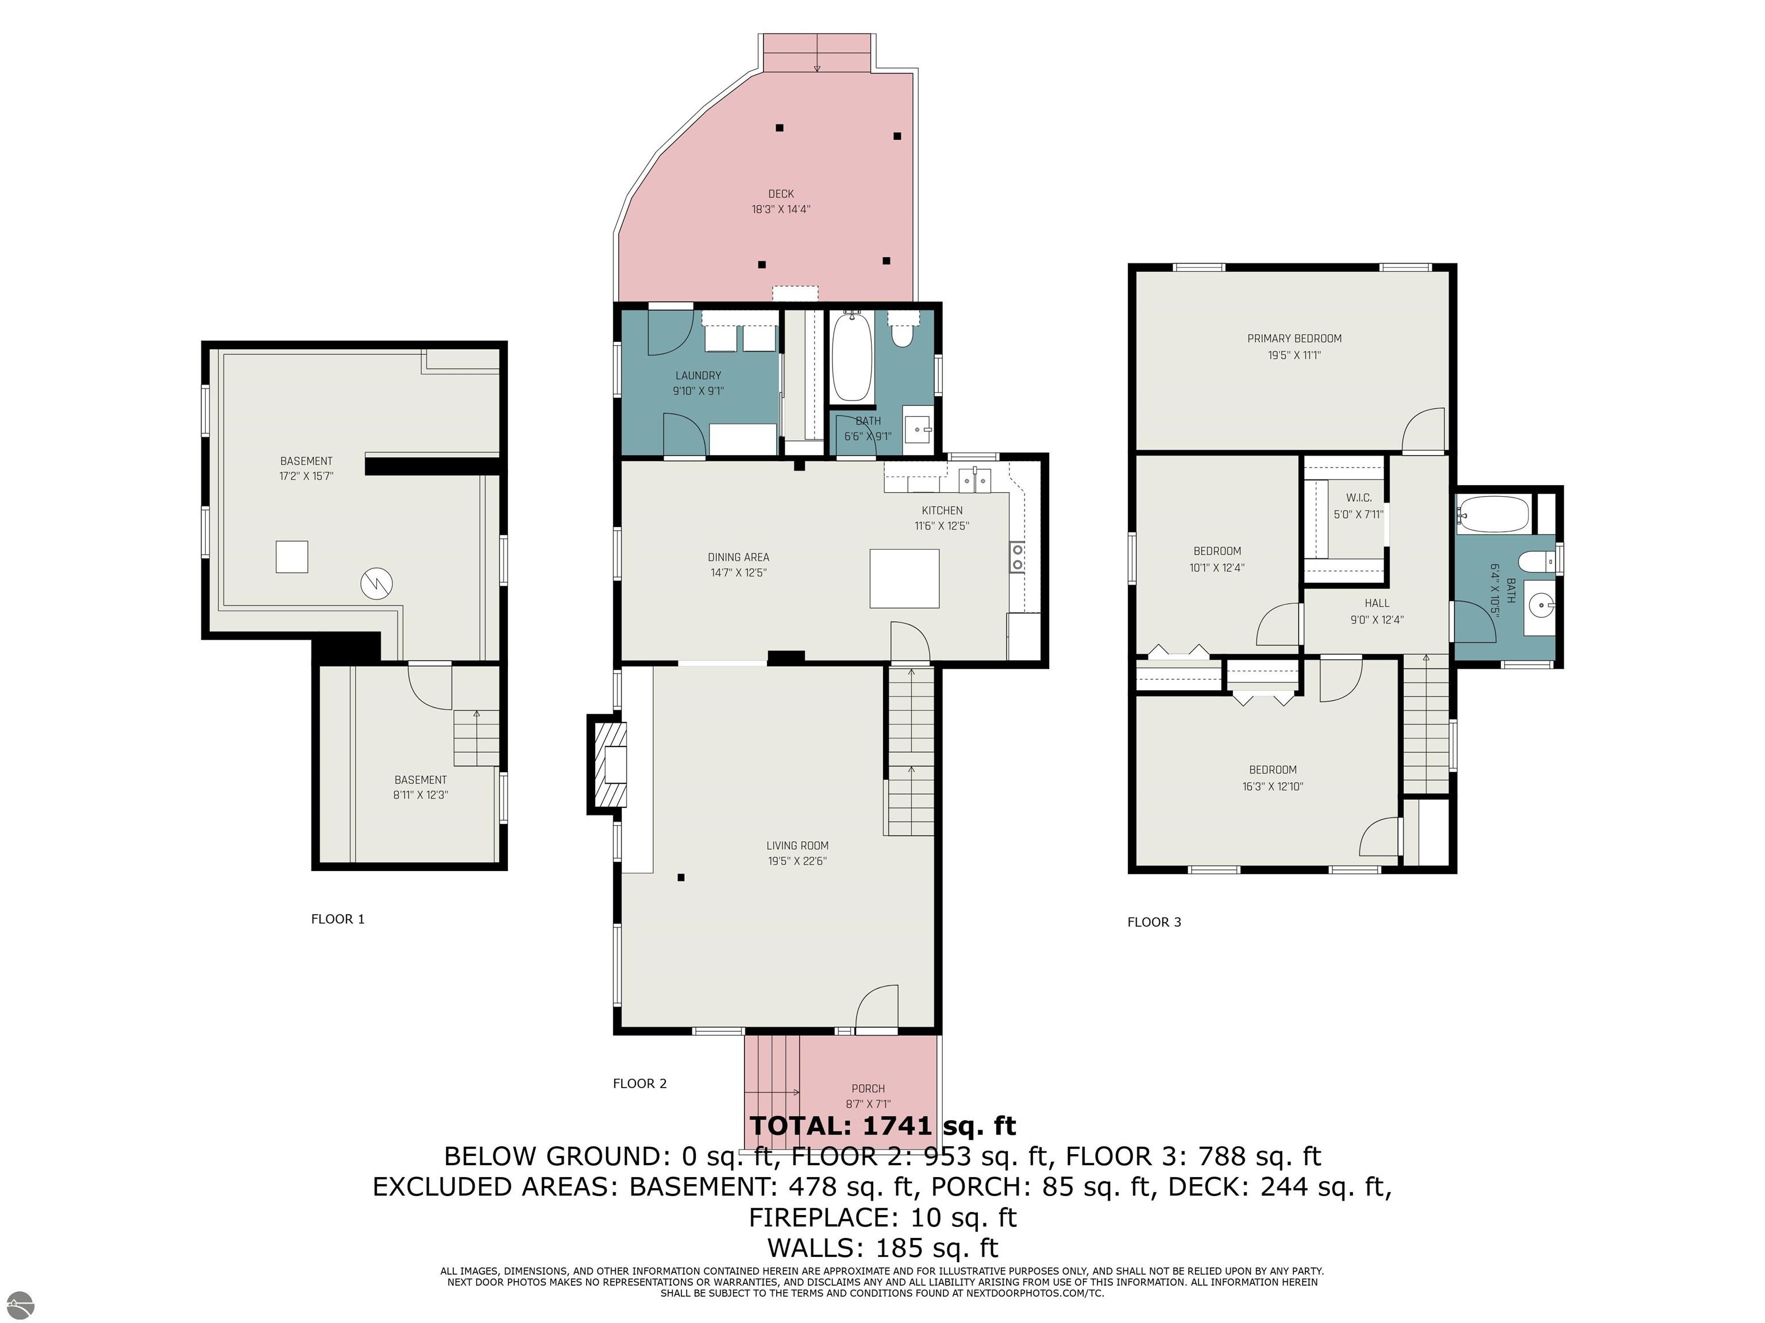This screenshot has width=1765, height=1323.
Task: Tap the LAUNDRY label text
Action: [x=698, y=376]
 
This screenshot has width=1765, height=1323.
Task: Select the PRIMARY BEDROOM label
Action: [x=1294, y=338]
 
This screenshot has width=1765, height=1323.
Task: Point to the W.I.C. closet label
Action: [x=1358, y=498]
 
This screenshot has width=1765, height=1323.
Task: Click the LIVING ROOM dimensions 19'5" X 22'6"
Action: [x=797, y=861]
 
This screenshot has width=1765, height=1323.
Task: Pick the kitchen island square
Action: [x=904, y=578]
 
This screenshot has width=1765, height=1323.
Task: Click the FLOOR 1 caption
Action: [x=337, y=919]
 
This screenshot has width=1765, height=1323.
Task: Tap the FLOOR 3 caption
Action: [x=1154, y=922]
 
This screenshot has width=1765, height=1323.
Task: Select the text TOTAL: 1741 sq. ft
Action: [x=882, y=1125]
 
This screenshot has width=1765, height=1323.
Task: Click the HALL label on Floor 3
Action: [x=1377, y=604]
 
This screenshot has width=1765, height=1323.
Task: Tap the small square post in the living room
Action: [x=681, y=878]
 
